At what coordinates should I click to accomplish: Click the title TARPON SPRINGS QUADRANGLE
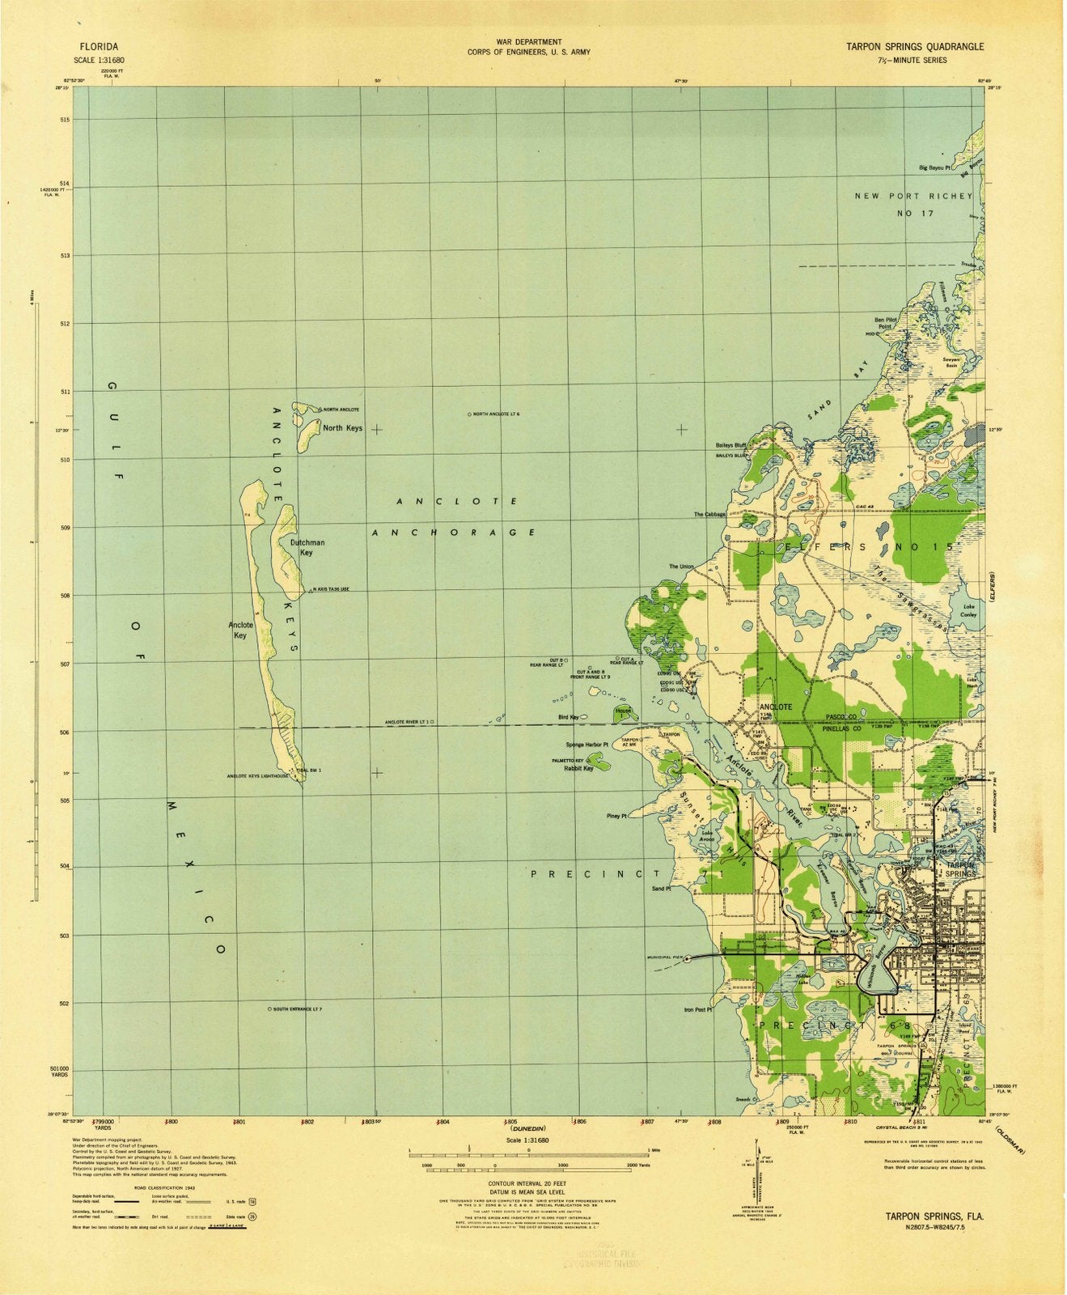915,47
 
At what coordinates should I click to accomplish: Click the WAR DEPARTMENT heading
528,41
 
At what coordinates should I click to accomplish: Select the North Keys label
342,428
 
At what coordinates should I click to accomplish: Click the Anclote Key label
240,630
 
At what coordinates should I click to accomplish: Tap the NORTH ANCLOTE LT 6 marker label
495,414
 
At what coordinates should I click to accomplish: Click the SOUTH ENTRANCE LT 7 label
297,1009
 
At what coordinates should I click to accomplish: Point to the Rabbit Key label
578,769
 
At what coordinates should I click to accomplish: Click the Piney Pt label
617,816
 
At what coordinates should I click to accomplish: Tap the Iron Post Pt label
697,1009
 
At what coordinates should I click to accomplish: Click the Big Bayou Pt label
934,168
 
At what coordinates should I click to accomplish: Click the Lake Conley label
968,610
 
